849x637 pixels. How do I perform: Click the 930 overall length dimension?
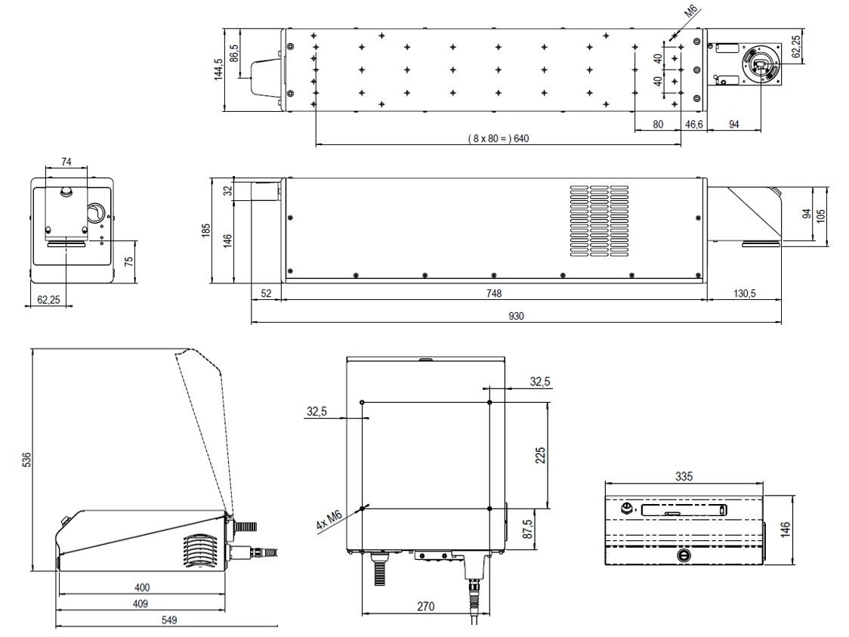pos(517,317)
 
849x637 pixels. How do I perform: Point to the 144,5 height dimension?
pos(218,70)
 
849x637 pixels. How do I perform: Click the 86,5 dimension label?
pos(234,53)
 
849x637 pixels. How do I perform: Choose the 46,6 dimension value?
pos(693,123)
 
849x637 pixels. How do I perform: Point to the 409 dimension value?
pos(141,603)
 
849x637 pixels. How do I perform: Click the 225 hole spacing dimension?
pos(540,455)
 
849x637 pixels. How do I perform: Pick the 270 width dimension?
pos(426,605)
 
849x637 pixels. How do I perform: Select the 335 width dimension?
pos(684,477)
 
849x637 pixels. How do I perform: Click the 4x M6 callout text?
pos(329,521)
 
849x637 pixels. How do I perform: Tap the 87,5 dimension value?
pos(529,529)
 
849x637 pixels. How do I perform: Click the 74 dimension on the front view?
pos(66,162)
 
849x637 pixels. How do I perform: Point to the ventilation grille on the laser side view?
pos(598,220)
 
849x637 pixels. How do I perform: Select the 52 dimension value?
pos(266,292)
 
